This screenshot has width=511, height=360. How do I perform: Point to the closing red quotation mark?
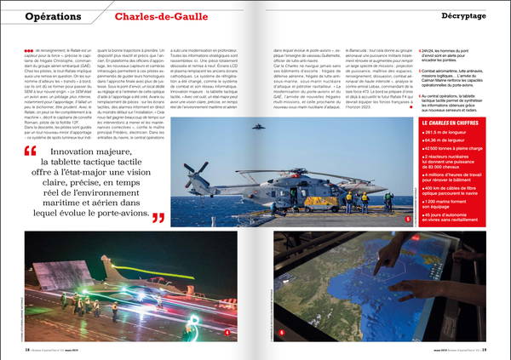pyautogui.click(x=159, y=218)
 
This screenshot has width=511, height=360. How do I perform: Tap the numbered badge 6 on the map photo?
pyautogui.click(x=282, y=332)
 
